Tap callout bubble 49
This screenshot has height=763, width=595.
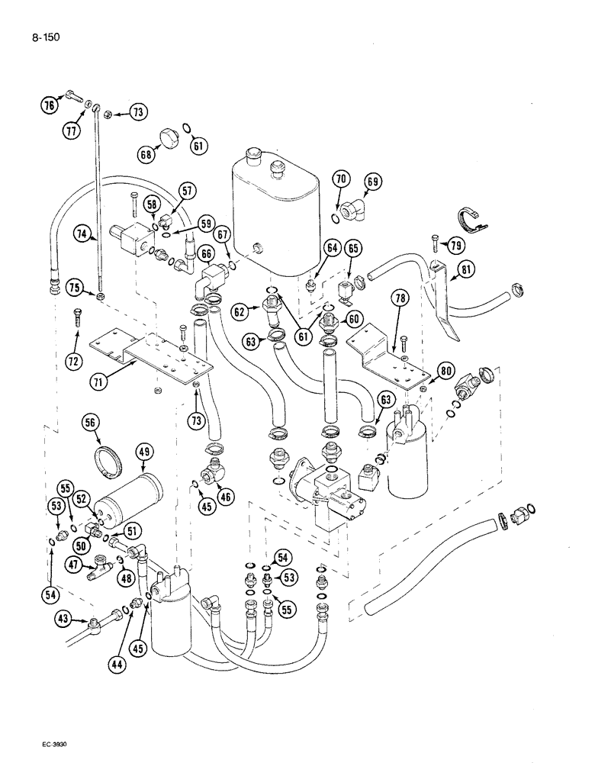click(x=143, y=452)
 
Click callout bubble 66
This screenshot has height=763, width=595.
click(x=206, y=253)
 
